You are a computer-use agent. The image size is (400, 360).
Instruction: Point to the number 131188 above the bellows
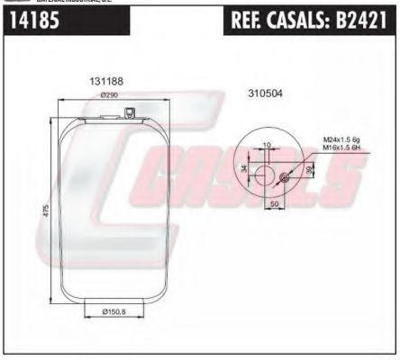pos(106,82)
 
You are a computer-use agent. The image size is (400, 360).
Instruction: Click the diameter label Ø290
pos(110,94)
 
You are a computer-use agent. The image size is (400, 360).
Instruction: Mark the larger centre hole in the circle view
pos(267,170)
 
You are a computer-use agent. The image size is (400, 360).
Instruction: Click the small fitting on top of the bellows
pos(132,113)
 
